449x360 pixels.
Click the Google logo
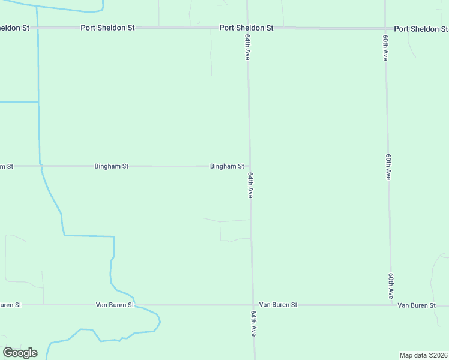(20, 353)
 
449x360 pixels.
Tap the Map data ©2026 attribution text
(423, 355)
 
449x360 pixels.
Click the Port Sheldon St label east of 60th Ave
(421, 29)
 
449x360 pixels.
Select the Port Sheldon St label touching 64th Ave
(246, 28)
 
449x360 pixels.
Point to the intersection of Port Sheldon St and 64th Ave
(247, 28)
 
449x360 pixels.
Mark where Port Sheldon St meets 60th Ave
(385, 28)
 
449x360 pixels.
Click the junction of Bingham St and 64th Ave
(250, 166)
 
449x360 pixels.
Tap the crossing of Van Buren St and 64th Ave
(253, 305)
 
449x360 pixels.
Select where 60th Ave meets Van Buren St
(391, 305)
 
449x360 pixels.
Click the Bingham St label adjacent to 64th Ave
(227, 166)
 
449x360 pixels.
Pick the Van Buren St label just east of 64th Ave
(277, 305)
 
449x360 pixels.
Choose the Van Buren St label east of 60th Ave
(417, 305)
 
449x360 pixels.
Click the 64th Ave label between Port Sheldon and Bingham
(247, 47)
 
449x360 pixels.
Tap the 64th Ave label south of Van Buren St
(254, 323)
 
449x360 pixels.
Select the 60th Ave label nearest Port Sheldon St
(385, 47)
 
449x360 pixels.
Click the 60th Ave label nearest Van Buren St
(391, 286)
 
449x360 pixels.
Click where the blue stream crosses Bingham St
(40, 166)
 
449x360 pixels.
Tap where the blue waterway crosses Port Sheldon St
(37, 28)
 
